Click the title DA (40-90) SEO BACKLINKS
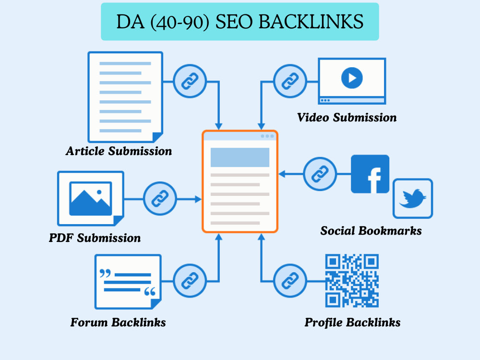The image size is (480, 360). (x=240, y=22)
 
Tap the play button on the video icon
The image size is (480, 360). (x=352, y=78)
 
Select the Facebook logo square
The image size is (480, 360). (x=370, y=174)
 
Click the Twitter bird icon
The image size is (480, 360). (x=413, y=198)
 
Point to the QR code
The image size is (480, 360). (x=352, y=280)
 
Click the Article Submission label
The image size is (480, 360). (x=119, y=151)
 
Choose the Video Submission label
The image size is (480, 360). (x=347, y=117)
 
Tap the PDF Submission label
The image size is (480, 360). (x=95, y=238)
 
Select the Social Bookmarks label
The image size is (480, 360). (x=371, y=230)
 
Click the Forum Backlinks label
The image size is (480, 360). (x=118, y=323)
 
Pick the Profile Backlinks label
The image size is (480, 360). (x=352, y=323)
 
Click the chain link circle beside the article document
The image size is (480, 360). (x=190, y=81)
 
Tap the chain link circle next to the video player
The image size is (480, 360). (x=290, y=81)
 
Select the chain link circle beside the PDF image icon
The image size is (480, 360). (x=160, y=199)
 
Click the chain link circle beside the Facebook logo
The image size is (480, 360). (x=320, y=174)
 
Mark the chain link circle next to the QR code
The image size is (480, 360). (x=290, y=281)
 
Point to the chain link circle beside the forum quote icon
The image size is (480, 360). (x=190, y=281)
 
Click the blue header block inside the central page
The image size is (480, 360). (x=240, y=157)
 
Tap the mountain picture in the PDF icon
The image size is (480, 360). (x=91, y=199)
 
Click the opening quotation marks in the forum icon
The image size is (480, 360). (x=105, y=273)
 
